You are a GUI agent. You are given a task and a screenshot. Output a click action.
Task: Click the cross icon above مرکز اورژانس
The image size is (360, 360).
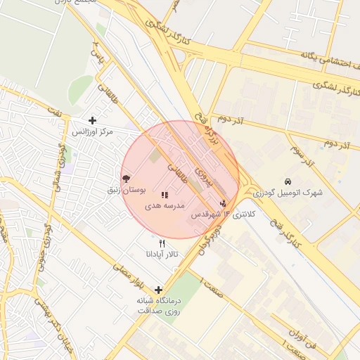(92, 120)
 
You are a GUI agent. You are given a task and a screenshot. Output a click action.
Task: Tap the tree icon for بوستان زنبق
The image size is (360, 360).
(126, 179)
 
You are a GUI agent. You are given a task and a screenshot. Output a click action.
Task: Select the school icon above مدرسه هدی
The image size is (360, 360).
(165, 195)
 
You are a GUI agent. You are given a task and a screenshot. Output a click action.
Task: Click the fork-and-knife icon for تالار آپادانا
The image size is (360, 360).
(162, 243)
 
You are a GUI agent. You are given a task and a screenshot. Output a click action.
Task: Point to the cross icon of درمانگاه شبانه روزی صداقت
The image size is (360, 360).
(158, 290)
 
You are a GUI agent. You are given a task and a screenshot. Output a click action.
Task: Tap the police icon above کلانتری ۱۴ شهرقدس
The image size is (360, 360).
(224, 203)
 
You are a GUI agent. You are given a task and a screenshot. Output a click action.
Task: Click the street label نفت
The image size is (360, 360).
(53, 109)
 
